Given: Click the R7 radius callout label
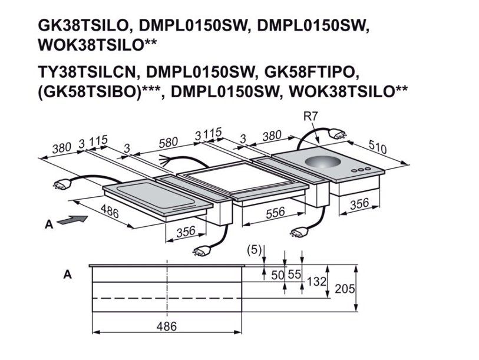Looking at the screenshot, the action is pyautogui.click(x=310, y=117).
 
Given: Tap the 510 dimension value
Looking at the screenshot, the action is pyautogui.click(x=378, y=147).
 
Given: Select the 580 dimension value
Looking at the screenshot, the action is pyautogui.click(x=169, y=143).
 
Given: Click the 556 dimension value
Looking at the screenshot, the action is pyautogui.click(x=275, y=213).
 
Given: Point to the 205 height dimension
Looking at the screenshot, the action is pyautogui.click(x=345, y=289).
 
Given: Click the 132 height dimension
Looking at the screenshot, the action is pyautogui.click(x=316, y=281).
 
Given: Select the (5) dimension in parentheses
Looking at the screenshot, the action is pyautogui.click(x=255, y=250).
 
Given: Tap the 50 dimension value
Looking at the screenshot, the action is pyautogui.click(x=278, y=275).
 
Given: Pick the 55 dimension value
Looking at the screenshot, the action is pyautogui.click(x=295, y=275).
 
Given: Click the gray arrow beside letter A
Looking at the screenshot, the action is pyautogui.click(x=72, y=220).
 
